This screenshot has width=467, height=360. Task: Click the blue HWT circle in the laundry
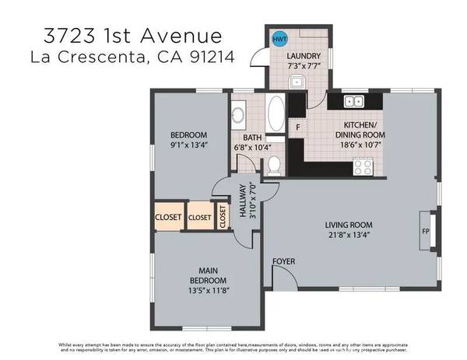tap(279, 37)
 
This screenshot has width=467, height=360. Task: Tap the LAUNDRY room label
tap(302, 57)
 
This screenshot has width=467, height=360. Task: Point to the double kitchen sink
tap(353, 100)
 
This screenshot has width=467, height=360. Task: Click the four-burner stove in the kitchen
tap(363, 166)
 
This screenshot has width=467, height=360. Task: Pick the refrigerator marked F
tap(297, 127)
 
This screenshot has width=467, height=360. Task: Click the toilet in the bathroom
tap(273, 164)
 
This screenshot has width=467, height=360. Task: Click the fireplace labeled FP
tap(425, 231)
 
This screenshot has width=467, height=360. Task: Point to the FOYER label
tap(283, 261)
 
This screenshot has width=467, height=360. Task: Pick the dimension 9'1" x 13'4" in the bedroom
tap(189, 143)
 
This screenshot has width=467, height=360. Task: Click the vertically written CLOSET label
tap(223, 216)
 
